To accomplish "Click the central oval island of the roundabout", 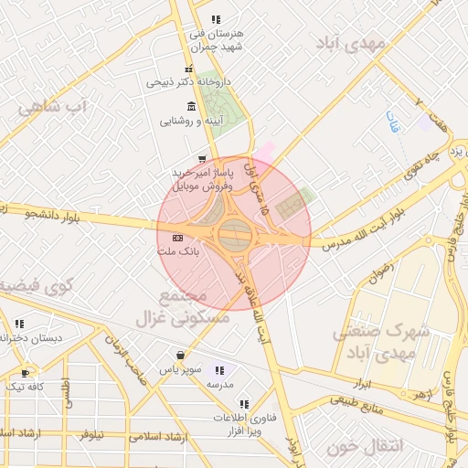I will (x=235, y=236).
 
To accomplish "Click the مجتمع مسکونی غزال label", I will (x=196, y=309).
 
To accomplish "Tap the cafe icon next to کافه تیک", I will (x=25, y=373).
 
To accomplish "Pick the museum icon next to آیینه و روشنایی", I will (x=190, y=105).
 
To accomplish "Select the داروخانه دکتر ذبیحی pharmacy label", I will (x=189, y=82).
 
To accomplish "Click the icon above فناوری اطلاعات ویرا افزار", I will (x=243, y=403).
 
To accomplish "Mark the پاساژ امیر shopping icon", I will (x=201, y=157).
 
